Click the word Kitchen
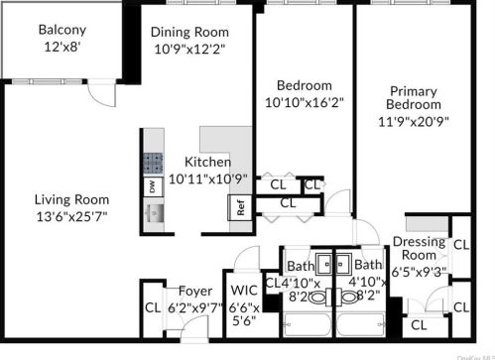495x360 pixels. (x=208, y=162)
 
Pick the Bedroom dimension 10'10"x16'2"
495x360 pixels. (x=304, y=102)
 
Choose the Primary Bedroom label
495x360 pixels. (x=414, y=95)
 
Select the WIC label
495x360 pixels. (x=243, y=292)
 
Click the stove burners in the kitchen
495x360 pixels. (x=152, y=163)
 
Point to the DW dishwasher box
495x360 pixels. (x=152, y=186)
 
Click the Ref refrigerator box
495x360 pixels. (x=239, y=207)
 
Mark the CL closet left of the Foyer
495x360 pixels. (x=152, y=306)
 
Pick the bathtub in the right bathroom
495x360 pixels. (x=361, y=325)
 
